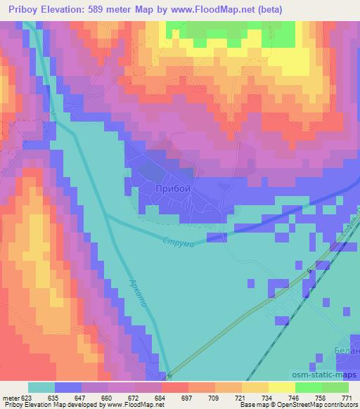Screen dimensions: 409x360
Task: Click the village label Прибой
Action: (x=172, y=188)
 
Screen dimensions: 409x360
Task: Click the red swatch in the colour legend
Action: (x=175, y=387)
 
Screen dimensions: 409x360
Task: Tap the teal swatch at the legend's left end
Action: (x=41, y=387)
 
